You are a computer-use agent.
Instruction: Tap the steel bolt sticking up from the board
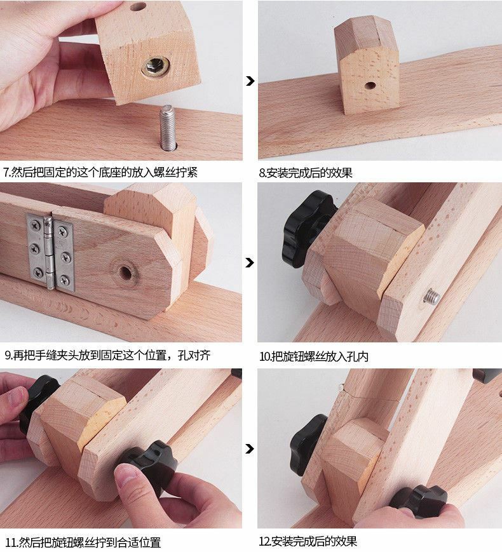point(167,127)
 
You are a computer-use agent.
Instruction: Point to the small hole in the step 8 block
point(370,84)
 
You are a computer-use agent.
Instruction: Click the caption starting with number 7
point(100,172)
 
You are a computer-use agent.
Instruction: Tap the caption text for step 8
point(306,173)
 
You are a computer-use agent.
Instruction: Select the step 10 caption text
point(314,356)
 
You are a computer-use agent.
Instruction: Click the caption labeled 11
point(83,542)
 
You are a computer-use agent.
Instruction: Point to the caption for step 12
point(308,542)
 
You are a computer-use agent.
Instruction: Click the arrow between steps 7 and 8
point(250,81)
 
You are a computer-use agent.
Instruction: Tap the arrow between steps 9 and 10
point(250,262)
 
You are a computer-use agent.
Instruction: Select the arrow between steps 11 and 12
point(250,449)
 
